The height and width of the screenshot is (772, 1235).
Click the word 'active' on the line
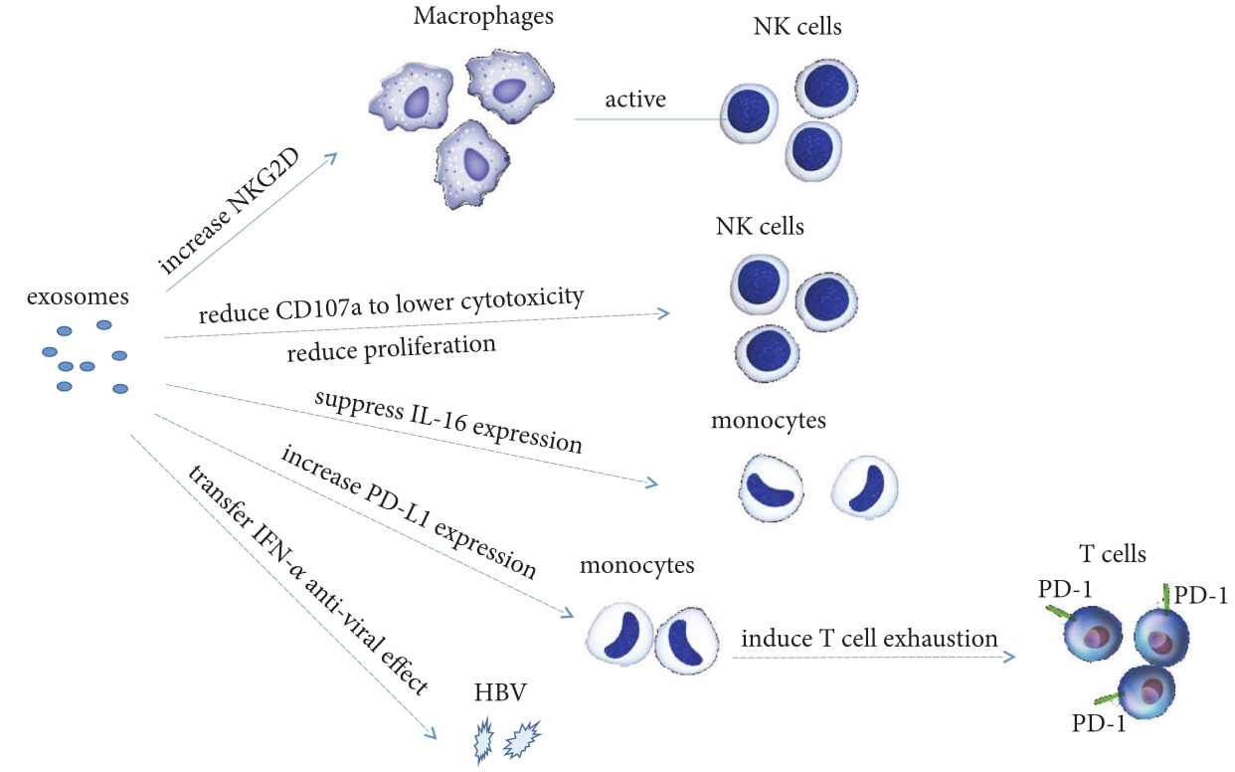635,99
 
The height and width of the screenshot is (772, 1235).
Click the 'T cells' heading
1113,554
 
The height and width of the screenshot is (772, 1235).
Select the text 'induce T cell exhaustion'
869,638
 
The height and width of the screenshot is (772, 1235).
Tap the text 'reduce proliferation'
390,347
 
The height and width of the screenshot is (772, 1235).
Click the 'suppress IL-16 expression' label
447,422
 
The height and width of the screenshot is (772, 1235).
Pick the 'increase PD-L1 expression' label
409,512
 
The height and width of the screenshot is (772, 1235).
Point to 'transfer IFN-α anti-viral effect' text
307,606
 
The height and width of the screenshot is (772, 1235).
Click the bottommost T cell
1147,693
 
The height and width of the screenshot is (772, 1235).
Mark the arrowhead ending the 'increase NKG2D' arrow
331,157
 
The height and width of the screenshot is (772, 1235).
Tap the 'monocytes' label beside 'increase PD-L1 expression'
636,567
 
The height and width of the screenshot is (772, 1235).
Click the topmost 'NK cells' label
797,26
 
